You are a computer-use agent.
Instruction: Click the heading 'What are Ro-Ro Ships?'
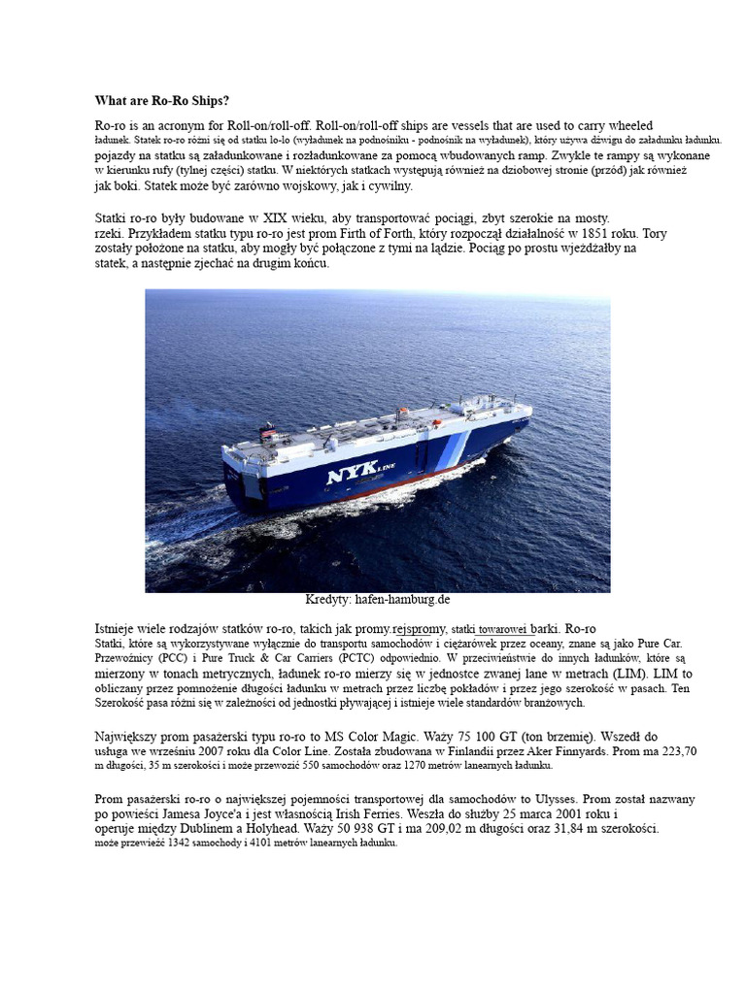[x=162, y=100]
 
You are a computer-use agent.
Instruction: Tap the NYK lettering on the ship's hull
[x=360, y=476]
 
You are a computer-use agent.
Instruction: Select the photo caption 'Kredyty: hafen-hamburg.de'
[x=378, y=599]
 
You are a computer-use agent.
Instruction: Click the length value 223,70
[x=675, y=751]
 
